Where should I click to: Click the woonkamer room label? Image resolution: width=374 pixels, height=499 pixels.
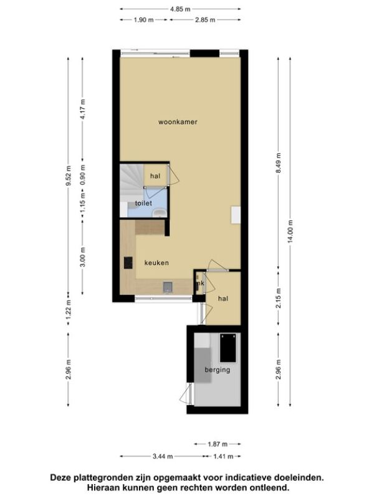[x=178, y=122]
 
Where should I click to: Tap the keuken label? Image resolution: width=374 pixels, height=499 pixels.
[x=156, y=263]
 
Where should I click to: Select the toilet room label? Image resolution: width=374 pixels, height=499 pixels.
[x=143, y=203]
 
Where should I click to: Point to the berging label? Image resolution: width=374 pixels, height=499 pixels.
[x=218, y=370]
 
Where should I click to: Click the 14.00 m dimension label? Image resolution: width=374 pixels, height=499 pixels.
[x=290, y=231]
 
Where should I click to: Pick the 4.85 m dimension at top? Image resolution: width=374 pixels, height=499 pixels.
[x=180, y=9]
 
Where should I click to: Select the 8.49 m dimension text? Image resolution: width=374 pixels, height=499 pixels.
[x=279, y=163]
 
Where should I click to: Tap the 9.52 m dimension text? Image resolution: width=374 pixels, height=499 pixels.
[x=69, y=176]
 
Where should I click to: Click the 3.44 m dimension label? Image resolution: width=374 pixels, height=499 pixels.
[x=163, y=457]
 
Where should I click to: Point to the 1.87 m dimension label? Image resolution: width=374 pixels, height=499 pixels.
[x=218, y=444]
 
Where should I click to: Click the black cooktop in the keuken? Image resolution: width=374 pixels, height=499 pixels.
[x=128, y=263]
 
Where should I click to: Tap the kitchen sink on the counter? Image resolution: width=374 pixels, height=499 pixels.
[x=168, y=287]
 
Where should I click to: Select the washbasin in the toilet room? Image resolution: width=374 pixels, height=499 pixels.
[x=159, y=213]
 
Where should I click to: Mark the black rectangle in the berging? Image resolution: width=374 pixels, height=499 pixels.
[x=228, y=348]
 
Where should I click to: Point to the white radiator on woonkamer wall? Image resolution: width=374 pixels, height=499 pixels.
[x=236, y=215]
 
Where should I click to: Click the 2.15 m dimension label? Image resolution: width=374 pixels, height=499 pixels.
[x=279, y=298]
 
